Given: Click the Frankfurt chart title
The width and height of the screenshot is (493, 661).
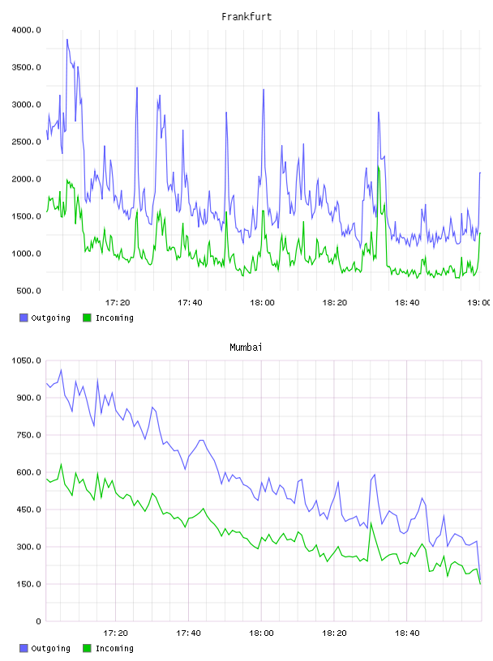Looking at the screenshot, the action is tap(246, 17).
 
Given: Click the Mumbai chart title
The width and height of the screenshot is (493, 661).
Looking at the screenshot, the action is tap(246, 348).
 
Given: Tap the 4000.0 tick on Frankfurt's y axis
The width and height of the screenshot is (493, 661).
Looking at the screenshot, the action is tap(26, 30).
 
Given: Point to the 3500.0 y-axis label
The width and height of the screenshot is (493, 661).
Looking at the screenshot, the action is tap(26, 67).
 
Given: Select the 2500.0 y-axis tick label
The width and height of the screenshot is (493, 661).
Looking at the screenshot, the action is tap(26, 142).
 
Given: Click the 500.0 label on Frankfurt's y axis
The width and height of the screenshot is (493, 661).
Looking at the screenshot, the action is tap(28, 291).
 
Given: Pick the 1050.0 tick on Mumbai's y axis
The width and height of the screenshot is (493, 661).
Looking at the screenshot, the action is tap(26, 360).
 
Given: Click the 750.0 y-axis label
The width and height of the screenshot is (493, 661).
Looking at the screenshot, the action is tap(28, 435).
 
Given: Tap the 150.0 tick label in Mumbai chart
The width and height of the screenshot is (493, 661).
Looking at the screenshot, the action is tap(28, 584).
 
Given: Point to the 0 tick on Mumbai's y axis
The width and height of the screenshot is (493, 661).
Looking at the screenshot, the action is tap(38, 621).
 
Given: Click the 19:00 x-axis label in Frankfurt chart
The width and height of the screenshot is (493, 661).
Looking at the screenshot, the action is tap(479, 303).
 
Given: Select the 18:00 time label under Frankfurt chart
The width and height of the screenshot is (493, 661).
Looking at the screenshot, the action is tap(262, 303).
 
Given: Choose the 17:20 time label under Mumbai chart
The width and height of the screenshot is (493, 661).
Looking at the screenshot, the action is tap(116, 633).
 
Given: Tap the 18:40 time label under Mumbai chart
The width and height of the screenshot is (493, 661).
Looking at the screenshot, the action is tap(407, 633).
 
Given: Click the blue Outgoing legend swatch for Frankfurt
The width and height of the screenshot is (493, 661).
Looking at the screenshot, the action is tap(24, 318).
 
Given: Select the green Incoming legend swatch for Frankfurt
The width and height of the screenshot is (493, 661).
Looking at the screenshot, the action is tap(87, 318).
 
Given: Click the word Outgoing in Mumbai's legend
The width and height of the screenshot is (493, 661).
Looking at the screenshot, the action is tap(50, 648).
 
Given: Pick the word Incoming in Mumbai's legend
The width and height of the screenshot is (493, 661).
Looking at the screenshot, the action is tap(114, 648).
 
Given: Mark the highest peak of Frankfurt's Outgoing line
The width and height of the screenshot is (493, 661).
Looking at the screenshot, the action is tap(66, 40).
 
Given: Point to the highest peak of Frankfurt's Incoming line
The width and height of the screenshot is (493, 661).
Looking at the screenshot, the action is tap(378, 167).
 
